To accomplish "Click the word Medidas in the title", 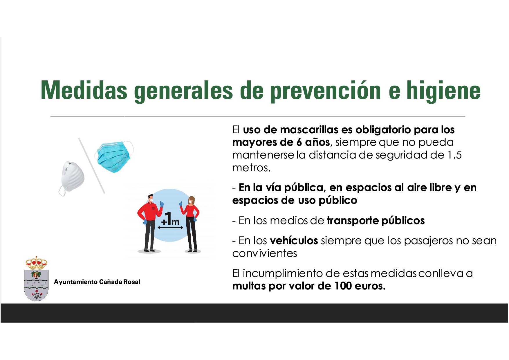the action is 84,90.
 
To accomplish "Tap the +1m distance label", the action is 171,219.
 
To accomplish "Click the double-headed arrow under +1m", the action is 171,228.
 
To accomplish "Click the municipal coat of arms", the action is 36,279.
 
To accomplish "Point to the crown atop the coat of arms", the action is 36,263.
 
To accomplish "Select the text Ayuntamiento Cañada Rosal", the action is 97,282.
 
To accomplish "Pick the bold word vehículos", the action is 294,240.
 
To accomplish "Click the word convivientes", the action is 265,253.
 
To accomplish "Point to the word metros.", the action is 251,168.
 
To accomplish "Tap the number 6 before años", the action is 299,142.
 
